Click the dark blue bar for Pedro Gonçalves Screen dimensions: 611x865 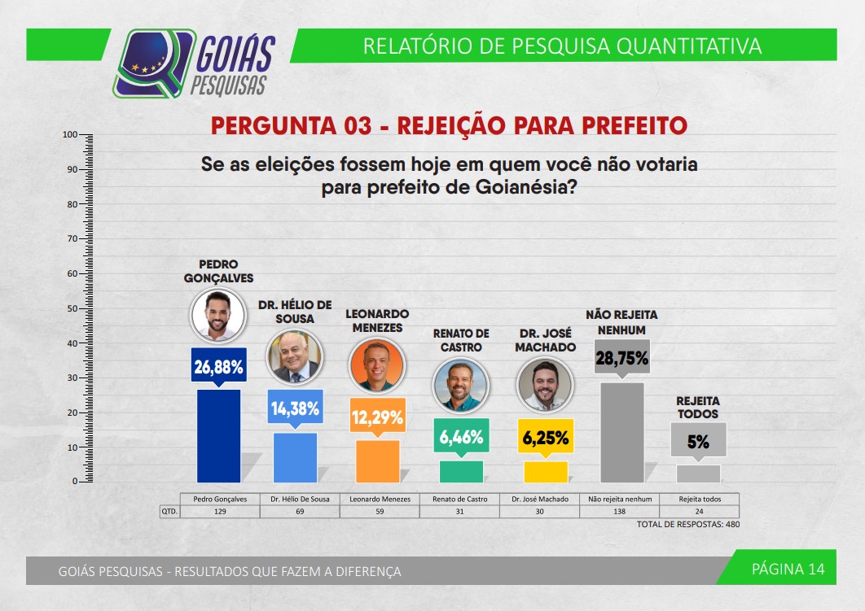pyautogui.click(x=218, y=436)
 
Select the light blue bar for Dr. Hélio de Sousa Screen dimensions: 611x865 pyautogui.click(x=295, y=457)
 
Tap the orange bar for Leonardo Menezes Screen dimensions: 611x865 pyautogui.click(x=378, y=461)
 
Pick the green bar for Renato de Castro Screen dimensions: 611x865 pyautogui.click(x=461, y=472)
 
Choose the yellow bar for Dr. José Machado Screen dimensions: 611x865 pyautogui.click(x=546, y=472)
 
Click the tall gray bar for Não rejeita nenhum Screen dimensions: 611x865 pyautogui.click(x=622, y=432)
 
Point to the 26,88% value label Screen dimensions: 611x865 pyautogui.click(x=218, y=366)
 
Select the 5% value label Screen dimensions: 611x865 pyautogui.click(x=698, y=442)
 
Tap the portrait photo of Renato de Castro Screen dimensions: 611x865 pyautogui.click(x=461, y=385)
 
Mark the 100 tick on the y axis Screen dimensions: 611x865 pyautogui.click(x=70, y=134)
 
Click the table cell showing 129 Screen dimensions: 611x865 pyautogui.click(x=218, y=512)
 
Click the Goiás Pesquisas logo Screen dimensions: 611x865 pyautogui.click(x=195, y=63)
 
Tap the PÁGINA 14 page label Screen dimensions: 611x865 pyautogui.click(x=788, y=569)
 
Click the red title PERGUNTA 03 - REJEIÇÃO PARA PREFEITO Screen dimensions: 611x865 pyautogui.click(x=449, y=125)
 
